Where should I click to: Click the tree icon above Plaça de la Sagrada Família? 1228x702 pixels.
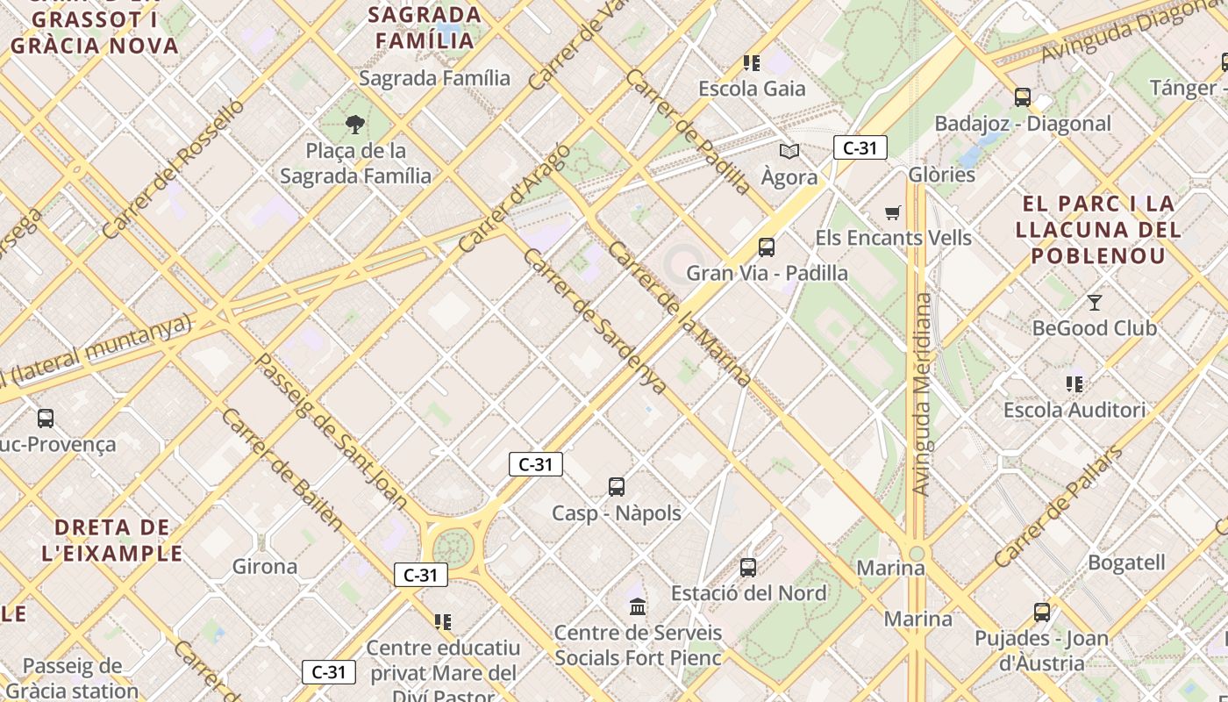[355, 125]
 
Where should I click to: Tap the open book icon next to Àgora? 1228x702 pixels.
[789, 152]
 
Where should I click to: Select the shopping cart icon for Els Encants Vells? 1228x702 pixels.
[893, 212]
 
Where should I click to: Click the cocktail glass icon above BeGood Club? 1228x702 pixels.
[1095, 303]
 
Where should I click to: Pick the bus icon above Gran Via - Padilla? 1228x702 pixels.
[767, 247]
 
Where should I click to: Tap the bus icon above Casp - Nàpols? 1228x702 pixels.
[617, 487]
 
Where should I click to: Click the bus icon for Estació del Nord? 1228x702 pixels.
[748, 568]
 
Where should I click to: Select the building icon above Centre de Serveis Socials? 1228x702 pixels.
[638, 606]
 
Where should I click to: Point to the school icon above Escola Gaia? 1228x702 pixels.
[752, 63]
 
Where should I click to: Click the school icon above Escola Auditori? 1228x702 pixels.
[1074, 384]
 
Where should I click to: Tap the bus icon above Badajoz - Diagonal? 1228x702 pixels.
[1022, 97]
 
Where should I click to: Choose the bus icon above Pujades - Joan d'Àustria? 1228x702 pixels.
[1042, 612]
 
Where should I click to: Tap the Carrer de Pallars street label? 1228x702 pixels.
[1059, 506]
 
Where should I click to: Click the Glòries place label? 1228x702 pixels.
[942, 175]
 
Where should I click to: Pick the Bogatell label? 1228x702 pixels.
[1126, 562]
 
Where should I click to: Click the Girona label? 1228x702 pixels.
[265, 567]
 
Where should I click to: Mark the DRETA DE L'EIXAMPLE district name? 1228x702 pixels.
[112, 541]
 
